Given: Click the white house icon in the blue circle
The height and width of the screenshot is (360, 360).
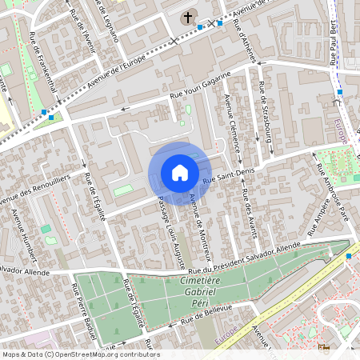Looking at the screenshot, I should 180,173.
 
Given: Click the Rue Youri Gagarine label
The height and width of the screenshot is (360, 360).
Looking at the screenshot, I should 200,85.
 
